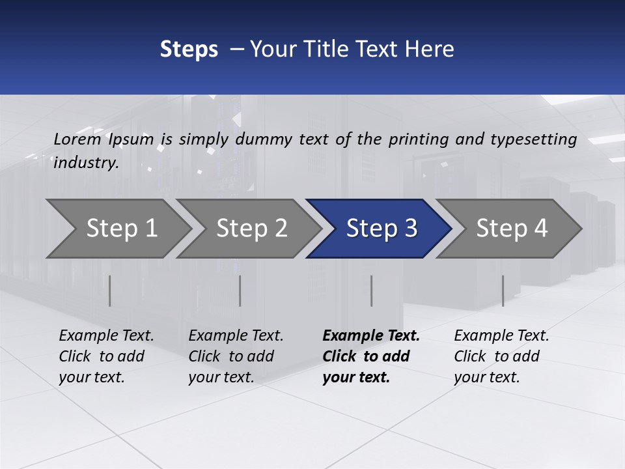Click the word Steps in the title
[189, 50]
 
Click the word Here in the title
[430, 50]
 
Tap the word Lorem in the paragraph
[77, 139]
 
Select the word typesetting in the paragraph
[533, 139]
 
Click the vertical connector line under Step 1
[110, 291]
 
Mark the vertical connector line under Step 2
[240, 291]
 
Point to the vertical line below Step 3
[371, 291]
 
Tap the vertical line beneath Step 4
[503, 291]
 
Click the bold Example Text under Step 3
[371, 335]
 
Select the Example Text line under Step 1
[106, 335]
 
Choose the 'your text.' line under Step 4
[486, 377]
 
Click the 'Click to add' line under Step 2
[231, 356]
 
